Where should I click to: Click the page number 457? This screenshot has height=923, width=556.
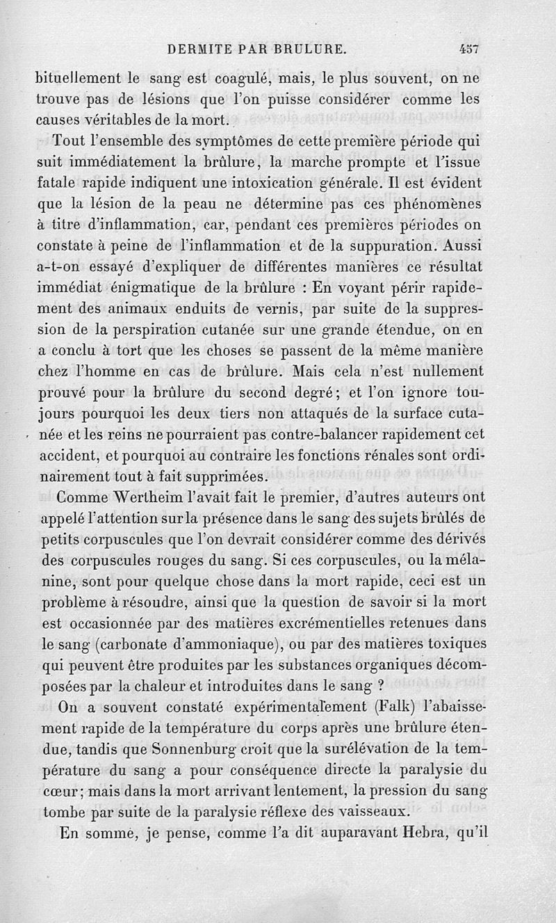coord(471,49)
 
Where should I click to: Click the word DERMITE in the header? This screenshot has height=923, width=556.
coord(193,49)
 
